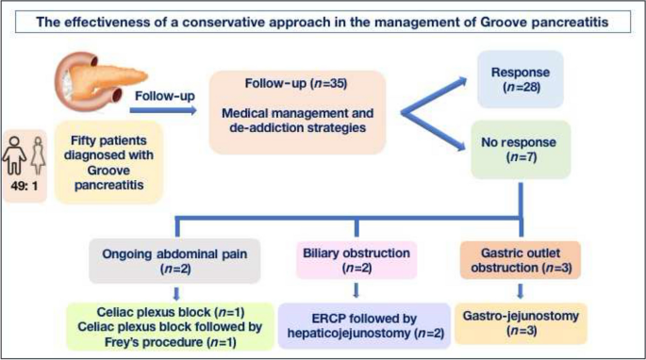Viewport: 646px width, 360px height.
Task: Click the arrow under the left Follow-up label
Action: [164, 111]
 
